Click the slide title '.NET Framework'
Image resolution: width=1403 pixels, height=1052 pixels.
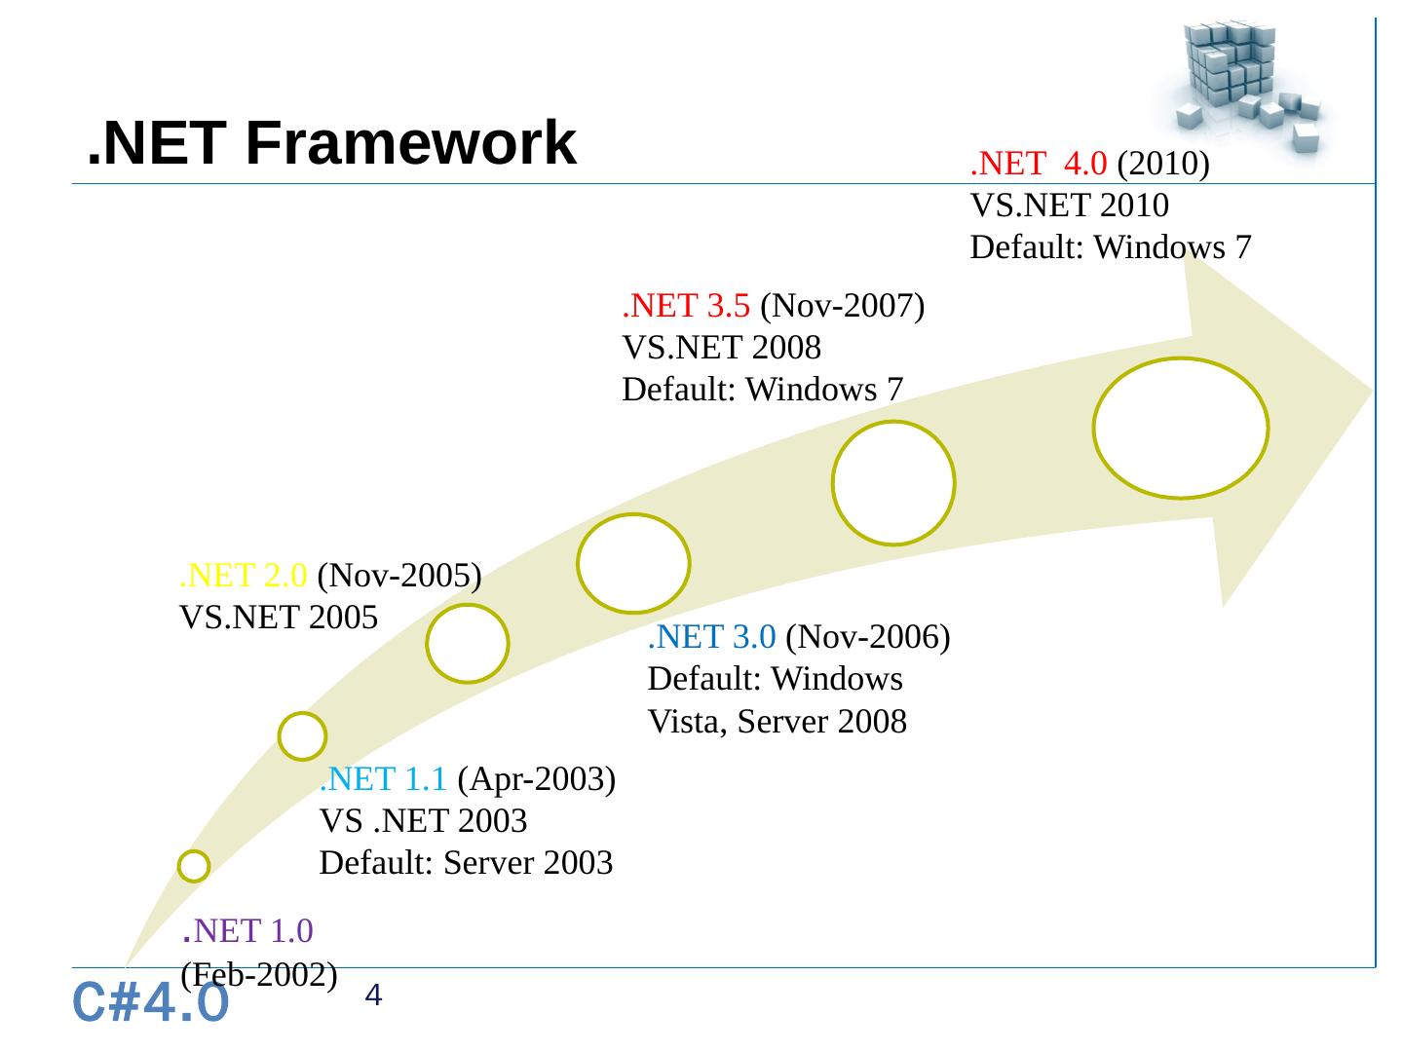coord(331,143)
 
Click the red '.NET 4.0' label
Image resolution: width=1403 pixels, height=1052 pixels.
coord(1039,165)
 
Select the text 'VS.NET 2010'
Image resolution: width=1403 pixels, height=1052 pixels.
coord(1069,207)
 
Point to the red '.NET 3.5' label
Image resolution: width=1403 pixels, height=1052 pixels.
coord(686,306)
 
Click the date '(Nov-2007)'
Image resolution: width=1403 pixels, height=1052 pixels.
coord(842,306)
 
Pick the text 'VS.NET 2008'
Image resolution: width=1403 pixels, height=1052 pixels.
coord(721,348)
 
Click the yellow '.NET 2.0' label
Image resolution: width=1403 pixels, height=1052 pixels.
coord(245,576)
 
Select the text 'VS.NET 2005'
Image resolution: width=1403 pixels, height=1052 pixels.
coord(278,618)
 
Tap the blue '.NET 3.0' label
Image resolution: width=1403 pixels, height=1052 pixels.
coord(711,637)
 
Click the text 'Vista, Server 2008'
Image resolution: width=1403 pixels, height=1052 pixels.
coord(777,722)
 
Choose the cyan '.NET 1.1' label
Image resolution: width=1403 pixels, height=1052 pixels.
coord(384,779)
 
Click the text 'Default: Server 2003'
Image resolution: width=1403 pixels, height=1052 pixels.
coord(466,863)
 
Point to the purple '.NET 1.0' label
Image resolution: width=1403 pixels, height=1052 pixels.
coord(248,931)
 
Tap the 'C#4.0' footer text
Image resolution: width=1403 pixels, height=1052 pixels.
coord(152,1003)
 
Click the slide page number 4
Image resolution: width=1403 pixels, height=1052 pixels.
coord(374,996)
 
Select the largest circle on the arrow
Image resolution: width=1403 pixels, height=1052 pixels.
coord(1180,429)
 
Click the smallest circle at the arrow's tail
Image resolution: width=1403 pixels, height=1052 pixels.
coord(194,866)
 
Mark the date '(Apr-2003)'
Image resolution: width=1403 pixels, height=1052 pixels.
coord(536,779)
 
